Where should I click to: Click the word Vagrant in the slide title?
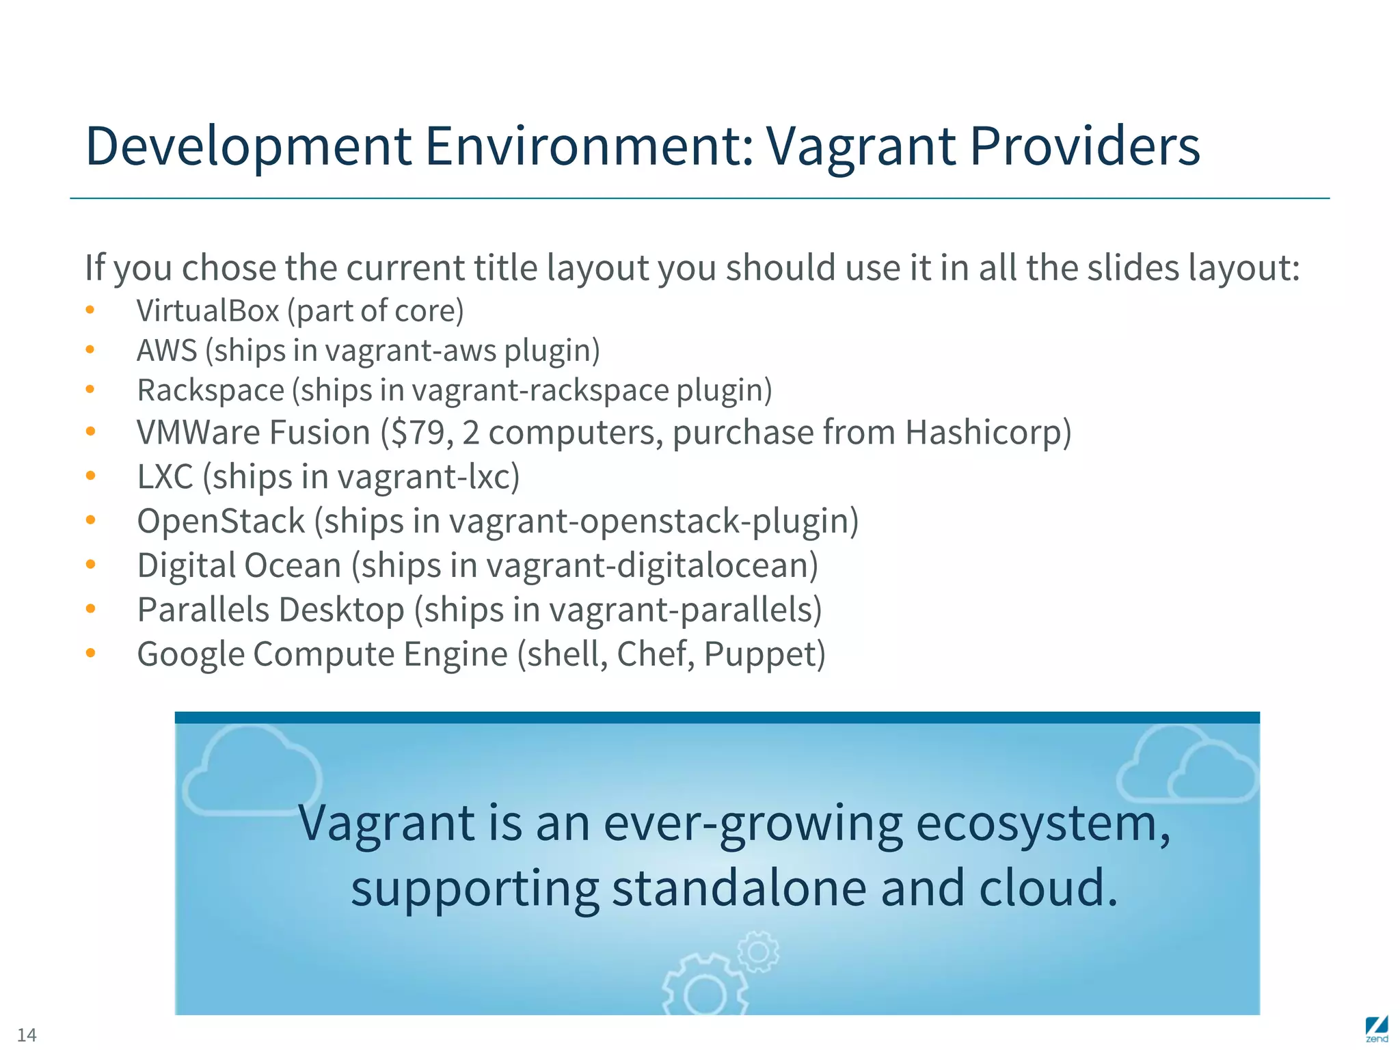click(860, 146)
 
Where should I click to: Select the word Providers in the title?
click(1085, 146)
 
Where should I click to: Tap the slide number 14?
click(27, 1034)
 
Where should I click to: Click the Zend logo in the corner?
click(1376, 1029)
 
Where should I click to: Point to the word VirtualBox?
click(208, 311)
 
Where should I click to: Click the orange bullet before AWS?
click(90, 350)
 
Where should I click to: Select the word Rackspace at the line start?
click(211, 390)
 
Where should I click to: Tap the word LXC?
click(165, 476)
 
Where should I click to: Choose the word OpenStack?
click(221, 521)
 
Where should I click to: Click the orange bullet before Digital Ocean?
click(90, 565)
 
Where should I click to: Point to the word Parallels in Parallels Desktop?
click(203, 610)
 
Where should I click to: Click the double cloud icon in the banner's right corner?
click(1188, 766)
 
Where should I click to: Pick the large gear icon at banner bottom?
click(704, 988)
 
